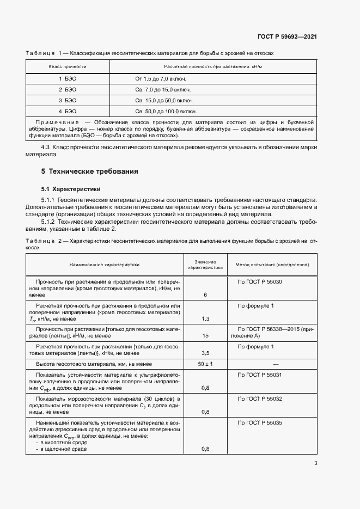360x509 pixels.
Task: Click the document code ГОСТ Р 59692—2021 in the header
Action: coord(287,37)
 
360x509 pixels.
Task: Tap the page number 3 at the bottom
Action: coord(315,464)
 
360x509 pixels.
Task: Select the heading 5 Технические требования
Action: coord(90,171)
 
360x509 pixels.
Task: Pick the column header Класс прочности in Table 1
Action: coord(68,66)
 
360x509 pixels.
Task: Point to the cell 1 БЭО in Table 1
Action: coord(68,79)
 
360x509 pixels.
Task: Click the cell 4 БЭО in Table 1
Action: coord(68,111)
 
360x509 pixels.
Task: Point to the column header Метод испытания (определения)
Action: coord(272,265)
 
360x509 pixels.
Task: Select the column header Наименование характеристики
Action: coord(105,265)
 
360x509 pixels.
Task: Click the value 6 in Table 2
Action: coord(205,295)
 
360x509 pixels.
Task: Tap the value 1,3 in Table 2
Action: coord(205,318)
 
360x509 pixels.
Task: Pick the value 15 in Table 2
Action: coord(205,336)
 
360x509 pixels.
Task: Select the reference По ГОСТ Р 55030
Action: coord(260,281)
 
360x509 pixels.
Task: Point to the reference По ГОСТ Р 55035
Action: coord(260,423)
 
